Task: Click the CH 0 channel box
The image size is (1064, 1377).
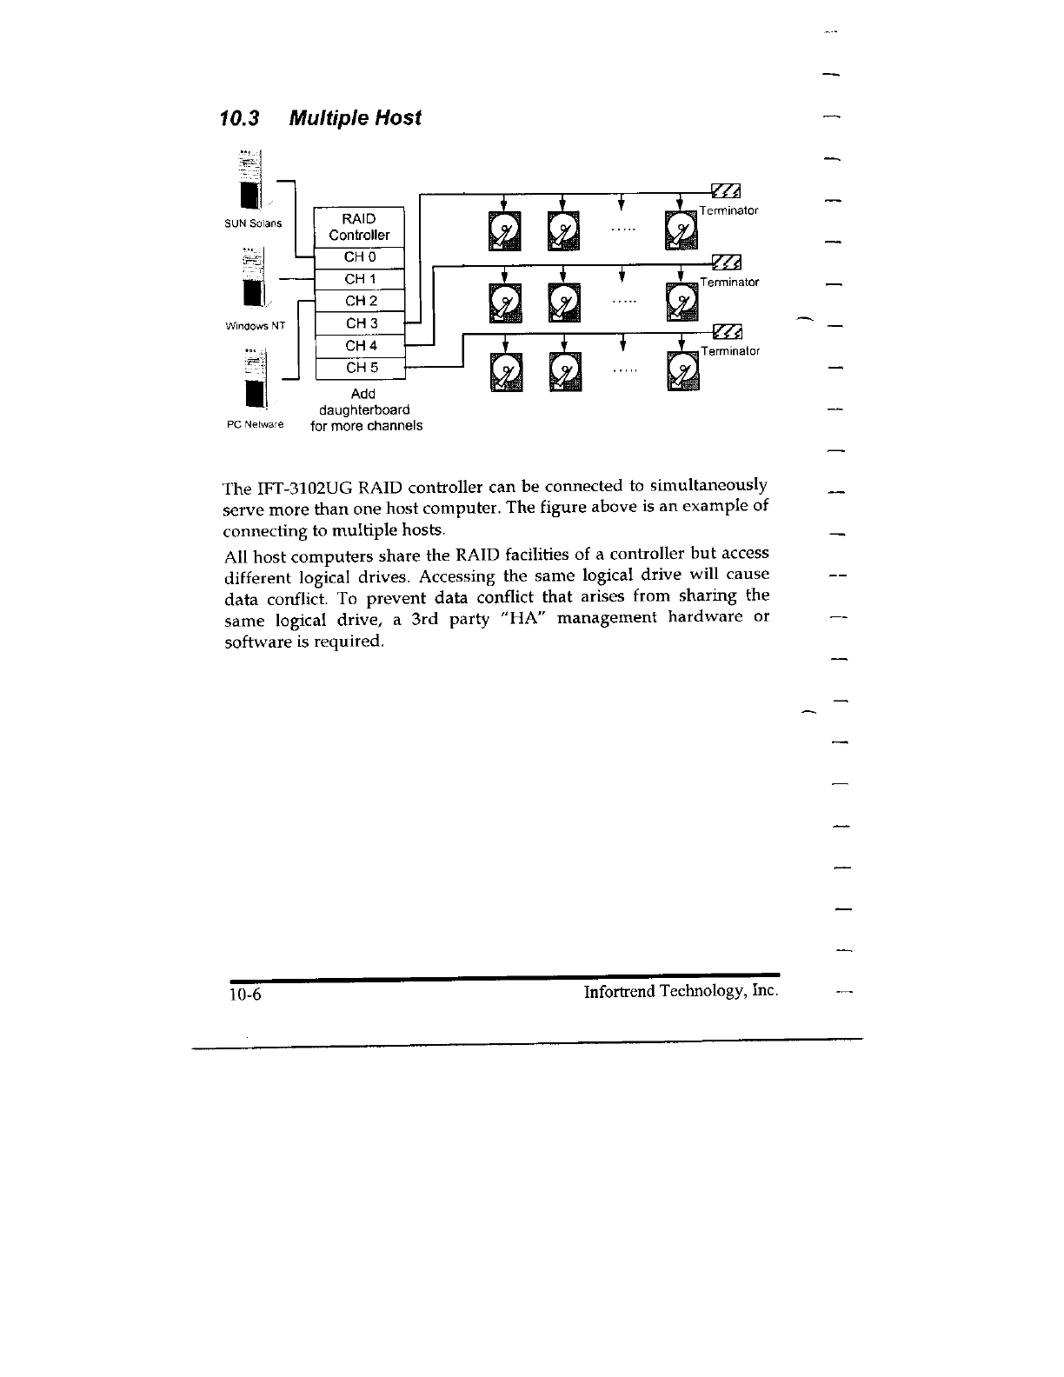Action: pos(360,257)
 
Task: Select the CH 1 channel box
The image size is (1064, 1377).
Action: pos(360,279)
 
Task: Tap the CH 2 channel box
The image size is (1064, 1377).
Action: pos(360,301)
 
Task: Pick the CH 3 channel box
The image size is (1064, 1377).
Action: pos(360,323)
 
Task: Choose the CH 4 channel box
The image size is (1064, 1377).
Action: pos(360,346)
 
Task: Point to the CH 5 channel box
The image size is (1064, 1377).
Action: pos(360,368)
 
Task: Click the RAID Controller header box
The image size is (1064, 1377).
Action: pos(359,227)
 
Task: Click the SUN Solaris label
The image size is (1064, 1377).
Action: pos(253,223)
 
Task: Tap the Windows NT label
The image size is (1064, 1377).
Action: pos(255,327)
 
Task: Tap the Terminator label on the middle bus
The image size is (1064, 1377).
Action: pos(730,283)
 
